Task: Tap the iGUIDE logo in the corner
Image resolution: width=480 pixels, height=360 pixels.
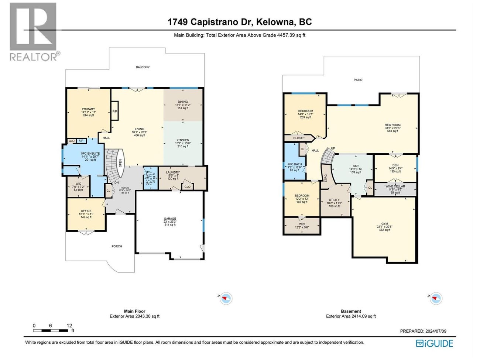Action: point(434,343)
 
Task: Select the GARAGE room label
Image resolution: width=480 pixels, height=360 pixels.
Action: point(170,219)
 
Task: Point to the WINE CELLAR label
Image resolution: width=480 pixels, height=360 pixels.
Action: point(395,186)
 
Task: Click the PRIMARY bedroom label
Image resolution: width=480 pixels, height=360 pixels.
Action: point(88,109)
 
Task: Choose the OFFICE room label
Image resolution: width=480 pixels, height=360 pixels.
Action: point(86,211)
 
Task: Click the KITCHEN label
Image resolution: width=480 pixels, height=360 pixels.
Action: point(183,140)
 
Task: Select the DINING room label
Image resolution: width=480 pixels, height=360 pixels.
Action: point(183,102)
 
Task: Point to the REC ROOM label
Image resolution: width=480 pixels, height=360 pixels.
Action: point(392,125)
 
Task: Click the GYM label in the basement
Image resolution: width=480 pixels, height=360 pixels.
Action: point(385,224)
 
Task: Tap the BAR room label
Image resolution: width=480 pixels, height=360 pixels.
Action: point(355,166)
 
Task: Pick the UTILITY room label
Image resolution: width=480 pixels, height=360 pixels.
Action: point(334,200)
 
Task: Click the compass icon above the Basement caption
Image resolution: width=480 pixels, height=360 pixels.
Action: point(436,298)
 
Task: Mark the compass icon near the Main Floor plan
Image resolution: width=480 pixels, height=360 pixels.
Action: point(226,298)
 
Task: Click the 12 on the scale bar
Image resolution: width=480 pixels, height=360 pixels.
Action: point(69,325)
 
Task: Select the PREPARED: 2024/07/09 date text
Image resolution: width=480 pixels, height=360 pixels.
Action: point(423,331)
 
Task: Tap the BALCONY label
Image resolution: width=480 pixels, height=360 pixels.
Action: point(143,67)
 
